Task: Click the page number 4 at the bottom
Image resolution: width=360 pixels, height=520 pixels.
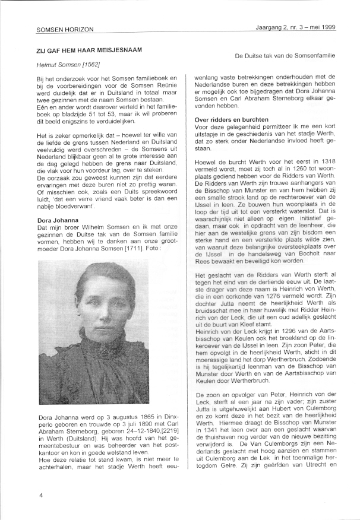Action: [41, 494]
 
